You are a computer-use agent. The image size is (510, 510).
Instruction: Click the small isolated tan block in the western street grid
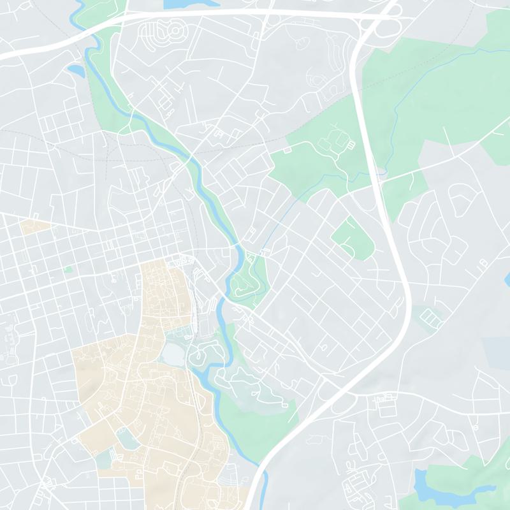[x=34, y=225]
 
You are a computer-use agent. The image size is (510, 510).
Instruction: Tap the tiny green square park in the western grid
[x=68, y=270]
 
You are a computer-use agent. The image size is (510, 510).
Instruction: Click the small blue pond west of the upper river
[x=75, y=69]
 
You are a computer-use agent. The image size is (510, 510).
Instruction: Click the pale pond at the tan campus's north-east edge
[x=173, y=353]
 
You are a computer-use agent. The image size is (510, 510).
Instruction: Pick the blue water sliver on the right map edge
[x=507, y=279]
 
